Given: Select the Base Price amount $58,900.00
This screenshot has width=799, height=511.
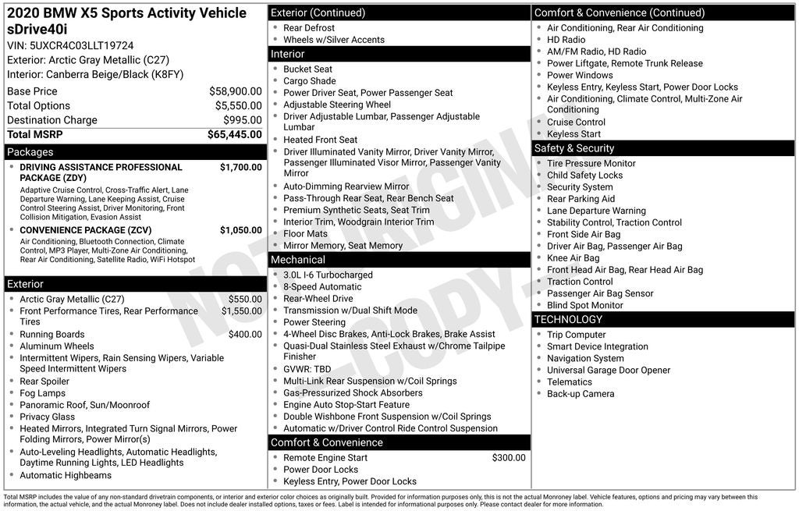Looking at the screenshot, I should pyautogui.click(x=235, y=91).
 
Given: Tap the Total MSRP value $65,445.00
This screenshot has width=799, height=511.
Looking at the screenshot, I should pyautogui.click(x=234, y=134).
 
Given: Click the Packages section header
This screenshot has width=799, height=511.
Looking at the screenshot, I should pyautogui.click(x=30, y=152).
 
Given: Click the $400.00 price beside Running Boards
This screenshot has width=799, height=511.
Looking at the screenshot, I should pyautogui.click(x=245, y=334).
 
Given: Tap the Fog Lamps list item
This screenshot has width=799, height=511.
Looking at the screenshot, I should pyautogui.click(x=43, y=393).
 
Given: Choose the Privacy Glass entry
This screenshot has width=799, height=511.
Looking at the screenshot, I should pyautogui.click(x=48, y=417).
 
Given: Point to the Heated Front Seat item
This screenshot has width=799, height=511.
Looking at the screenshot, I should pyautogui.click(x=320, y=140).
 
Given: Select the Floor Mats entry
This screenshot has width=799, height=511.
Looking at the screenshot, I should pyautogui.click(x=305, y=233).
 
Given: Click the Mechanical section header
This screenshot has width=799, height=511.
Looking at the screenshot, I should pyautogui.click(x=297, y=260).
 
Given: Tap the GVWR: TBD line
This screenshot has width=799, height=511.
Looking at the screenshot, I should pyautogui.click(x=307, y=369).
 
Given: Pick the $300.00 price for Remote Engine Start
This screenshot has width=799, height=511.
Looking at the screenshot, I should pyautogui.click(x=509, y=458).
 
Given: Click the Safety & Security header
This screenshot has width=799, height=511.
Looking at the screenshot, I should pyautogui.click(x=574, y=148).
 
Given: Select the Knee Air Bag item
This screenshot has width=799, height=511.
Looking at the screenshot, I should pyautogui.click(x=573, y=258).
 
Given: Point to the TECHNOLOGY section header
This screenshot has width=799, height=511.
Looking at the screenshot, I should pyautogui.click(x=568, y=320).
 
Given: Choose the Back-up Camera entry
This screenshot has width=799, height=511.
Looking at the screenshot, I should pyautogui.click(x=580, y=394).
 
